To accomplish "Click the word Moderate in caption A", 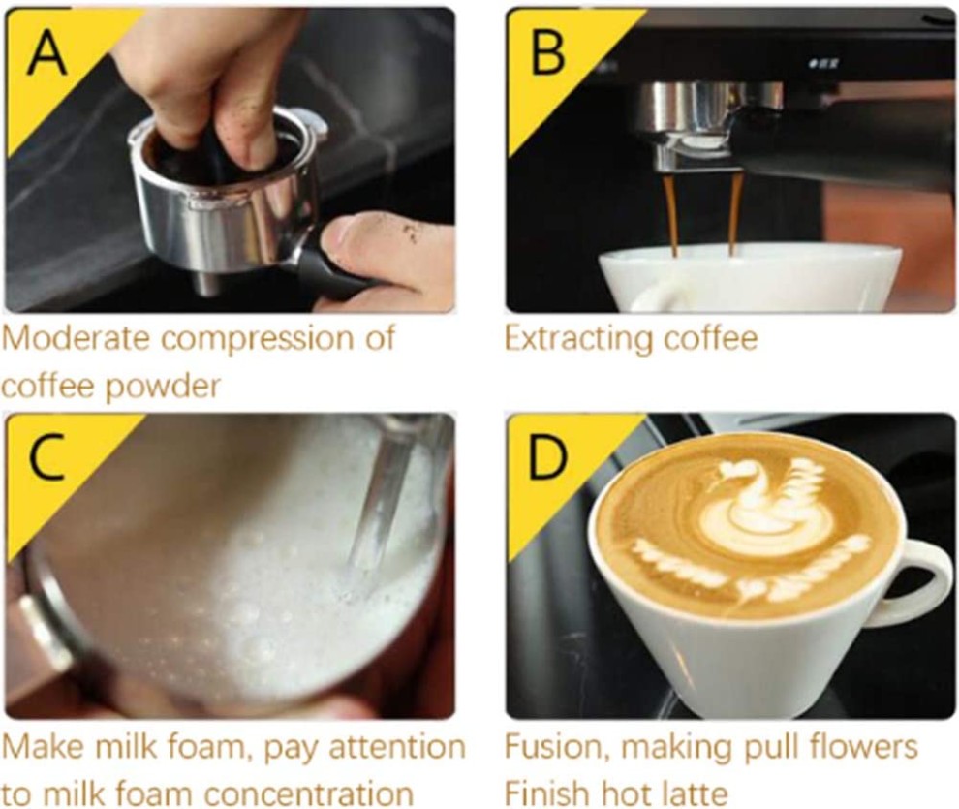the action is tap(76, 338).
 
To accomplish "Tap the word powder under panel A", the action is tap(163, 387).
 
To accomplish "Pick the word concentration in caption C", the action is tap(309, 794).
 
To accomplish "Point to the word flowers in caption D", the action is tap(863, 747).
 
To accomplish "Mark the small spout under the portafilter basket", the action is tap(206, 285).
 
